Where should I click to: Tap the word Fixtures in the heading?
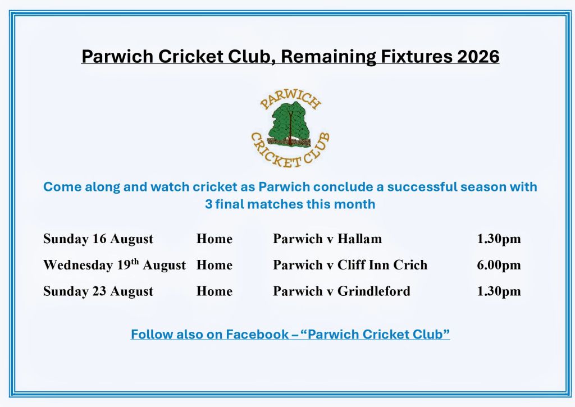click(416, 57)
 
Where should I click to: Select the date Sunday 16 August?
click(98, 239)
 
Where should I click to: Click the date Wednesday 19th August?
click(115, 265)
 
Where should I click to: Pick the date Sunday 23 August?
click(98, 291)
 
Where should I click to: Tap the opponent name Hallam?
click(359, 239)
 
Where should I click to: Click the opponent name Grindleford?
click(373, 291)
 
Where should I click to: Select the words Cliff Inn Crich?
click(382, 265)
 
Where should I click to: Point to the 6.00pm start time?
click(499, 265)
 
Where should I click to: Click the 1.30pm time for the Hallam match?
click(499, 239)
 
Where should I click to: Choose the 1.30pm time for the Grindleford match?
click(499, 291)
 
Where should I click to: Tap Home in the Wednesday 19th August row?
click(215, 265)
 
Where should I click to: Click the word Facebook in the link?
click(257, 334)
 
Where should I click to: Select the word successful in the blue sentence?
click(422, 186)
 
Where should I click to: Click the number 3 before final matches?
click(209, 204)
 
